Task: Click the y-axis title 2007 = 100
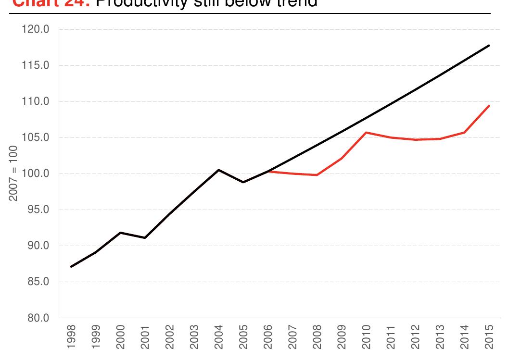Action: pos(14,174)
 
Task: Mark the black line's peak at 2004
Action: pos(218,170)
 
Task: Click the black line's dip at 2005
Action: pos(243,182)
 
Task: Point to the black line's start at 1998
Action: pos(71,266)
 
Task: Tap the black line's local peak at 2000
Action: pos(120,233)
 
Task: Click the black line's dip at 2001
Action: pos(145,237)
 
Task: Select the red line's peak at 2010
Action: pos(366,132)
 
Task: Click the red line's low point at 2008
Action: pos(317,175)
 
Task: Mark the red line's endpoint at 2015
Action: pos(489,106)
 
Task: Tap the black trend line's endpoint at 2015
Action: pos(489,46)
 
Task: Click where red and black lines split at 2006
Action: pos(268,171)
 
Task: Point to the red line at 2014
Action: pos(464,133)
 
